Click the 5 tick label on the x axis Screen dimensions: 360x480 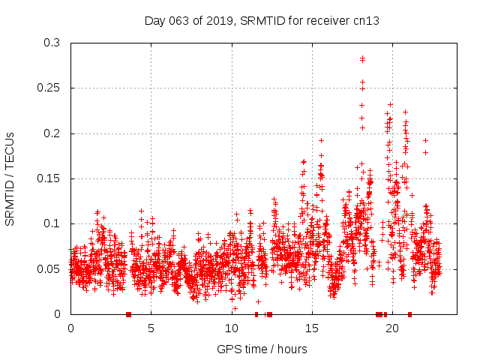coord(151,328)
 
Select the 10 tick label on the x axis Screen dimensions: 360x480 coord(231,328)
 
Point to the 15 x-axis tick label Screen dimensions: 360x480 coord(311,328)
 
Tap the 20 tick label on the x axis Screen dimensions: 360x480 coord(391,328)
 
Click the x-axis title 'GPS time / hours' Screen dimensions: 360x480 coord(262,349)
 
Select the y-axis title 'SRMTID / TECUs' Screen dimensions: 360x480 coord(10,178)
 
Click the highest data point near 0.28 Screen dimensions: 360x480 coord(362,58)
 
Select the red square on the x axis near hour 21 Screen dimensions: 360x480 coord(409,314)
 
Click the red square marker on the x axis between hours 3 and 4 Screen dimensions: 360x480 coord(129,314)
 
